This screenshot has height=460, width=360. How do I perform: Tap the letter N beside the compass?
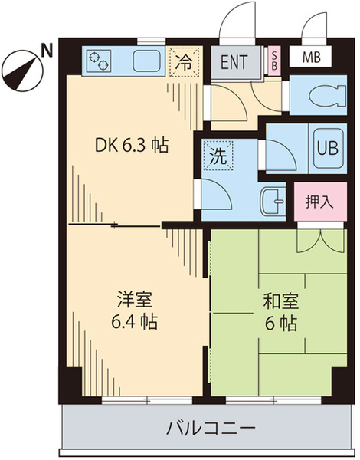(x=46, y=51)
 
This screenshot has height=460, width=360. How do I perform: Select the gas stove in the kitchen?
(x=100, y=59)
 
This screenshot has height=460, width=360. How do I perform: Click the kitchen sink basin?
(x=146, y=60)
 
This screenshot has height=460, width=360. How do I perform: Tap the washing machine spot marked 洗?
(x=218, y=156)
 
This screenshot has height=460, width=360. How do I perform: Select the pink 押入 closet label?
(x=319, y=202)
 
